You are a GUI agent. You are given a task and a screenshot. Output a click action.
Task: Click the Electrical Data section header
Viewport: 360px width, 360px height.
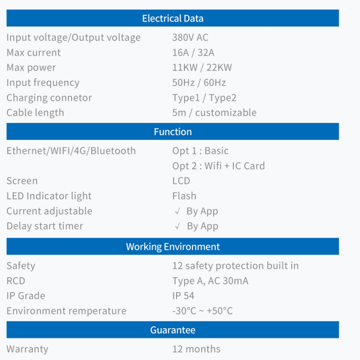[x=173, y=18]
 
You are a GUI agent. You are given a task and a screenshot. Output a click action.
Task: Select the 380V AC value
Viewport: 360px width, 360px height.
[x=190, y=38]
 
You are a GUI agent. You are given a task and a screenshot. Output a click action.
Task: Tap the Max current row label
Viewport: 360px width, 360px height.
[x=34, y=53]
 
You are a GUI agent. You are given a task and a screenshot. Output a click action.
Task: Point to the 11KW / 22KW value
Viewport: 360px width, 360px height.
[x=202, y=67]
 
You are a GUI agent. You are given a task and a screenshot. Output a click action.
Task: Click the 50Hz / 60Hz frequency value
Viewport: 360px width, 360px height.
[x=199, y=82]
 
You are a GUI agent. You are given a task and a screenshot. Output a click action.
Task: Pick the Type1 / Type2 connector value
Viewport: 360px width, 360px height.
[x=204, y=98]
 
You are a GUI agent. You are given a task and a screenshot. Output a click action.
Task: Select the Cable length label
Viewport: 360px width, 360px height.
[x=35, y=113]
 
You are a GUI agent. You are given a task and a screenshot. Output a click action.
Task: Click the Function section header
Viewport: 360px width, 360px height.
[x=173, y=132]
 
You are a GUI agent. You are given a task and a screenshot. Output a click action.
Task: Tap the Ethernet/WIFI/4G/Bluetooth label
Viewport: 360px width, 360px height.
[x=71, y=151]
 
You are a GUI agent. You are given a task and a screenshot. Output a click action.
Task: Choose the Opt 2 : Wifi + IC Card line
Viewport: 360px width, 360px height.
[x=219, y=166]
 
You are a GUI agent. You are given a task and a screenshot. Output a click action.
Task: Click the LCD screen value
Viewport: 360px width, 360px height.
[x=181, y=181]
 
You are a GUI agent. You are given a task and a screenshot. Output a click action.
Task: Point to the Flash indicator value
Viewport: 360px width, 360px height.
[x=184, y=196]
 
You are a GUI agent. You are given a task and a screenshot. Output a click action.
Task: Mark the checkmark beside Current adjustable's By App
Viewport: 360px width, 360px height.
[x=177, y=211]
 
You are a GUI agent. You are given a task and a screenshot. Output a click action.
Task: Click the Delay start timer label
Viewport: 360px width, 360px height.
[x=45, y=226]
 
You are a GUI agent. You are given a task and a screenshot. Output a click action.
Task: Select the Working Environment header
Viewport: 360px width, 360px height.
[x=173, y=246]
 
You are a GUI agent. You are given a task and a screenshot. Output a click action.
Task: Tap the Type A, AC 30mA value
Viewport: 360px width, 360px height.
[x=210, y=281]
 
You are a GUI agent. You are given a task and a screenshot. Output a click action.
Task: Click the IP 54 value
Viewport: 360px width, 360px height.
[x=183, y=296]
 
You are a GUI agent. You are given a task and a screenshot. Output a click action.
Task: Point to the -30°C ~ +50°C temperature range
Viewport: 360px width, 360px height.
[x=202, y=311]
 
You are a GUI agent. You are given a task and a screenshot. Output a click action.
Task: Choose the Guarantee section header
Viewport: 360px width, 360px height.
[x=173, y=330]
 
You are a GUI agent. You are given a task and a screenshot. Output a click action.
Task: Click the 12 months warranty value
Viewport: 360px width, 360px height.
[x=196, y=349]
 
